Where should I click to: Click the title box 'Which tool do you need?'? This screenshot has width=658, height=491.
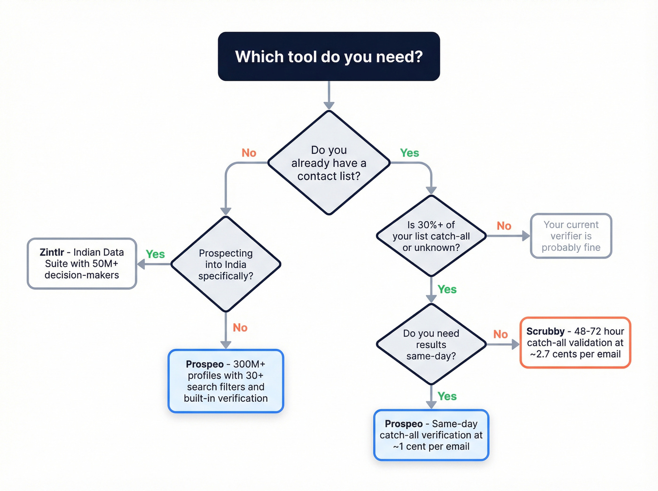(329, 56)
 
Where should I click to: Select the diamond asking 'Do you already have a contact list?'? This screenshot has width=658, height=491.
(329, 163)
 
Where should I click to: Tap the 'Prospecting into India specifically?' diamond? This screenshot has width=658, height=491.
(226, 264)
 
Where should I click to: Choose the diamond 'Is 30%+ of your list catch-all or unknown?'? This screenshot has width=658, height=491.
(431, 236)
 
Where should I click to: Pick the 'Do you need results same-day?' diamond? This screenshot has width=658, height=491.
(431, 344)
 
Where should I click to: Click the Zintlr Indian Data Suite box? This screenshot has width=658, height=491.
(82, 264)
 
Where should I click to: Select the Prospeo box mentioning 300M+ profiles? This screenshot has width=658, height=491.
(226, 381)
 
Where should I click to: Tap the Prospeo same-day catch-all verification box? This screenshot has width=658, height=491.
(431, 435)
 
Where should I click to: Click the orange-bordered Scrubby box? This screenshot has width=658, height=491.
(575, 343)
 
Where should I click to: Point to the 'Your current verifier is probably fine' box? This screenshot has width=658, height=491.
(571, 236)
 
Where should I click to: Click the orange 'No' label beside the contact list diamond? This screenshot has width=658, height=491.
(249, 153)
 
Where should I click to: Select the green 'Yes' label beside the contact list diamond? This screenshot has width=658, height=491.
(409, 153)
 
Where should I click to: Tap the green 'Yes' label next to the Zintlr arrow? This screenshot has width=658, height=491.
(155, 254)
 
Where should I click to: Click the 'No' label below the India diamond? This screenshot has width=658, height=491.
(240, 327)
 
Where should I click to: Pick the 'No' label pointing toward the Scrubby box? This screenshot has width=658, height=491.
(501, 334)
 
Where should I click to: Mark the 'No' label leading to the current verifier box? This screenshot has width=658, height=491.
(504, 226)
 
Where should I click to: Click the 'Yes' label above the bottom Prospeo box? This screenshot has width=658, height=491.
(447, 396)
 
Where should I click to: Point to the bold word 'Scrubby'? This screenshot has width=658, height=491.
(545, 331)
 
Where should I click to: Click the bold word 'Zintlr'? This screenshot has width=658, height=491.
(52, 252)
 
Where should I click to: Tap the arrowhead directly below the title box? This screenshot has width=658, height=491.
(329, 105)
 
